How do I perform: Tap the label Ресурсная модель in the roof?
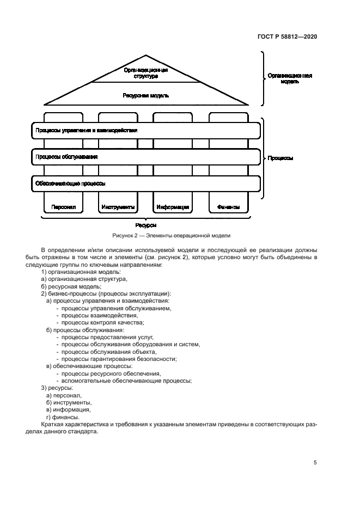145,95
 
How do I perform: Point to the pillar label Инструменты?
118,207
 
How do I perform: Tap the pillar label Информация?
173,207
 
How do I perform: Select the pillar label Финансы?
228,207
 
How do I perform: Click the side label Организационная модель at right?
289,79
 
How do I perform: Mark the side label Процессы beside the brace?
281,158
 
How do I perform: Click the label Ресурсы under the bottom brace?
145,224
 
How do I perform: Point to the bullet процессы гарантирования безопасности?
118,359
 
